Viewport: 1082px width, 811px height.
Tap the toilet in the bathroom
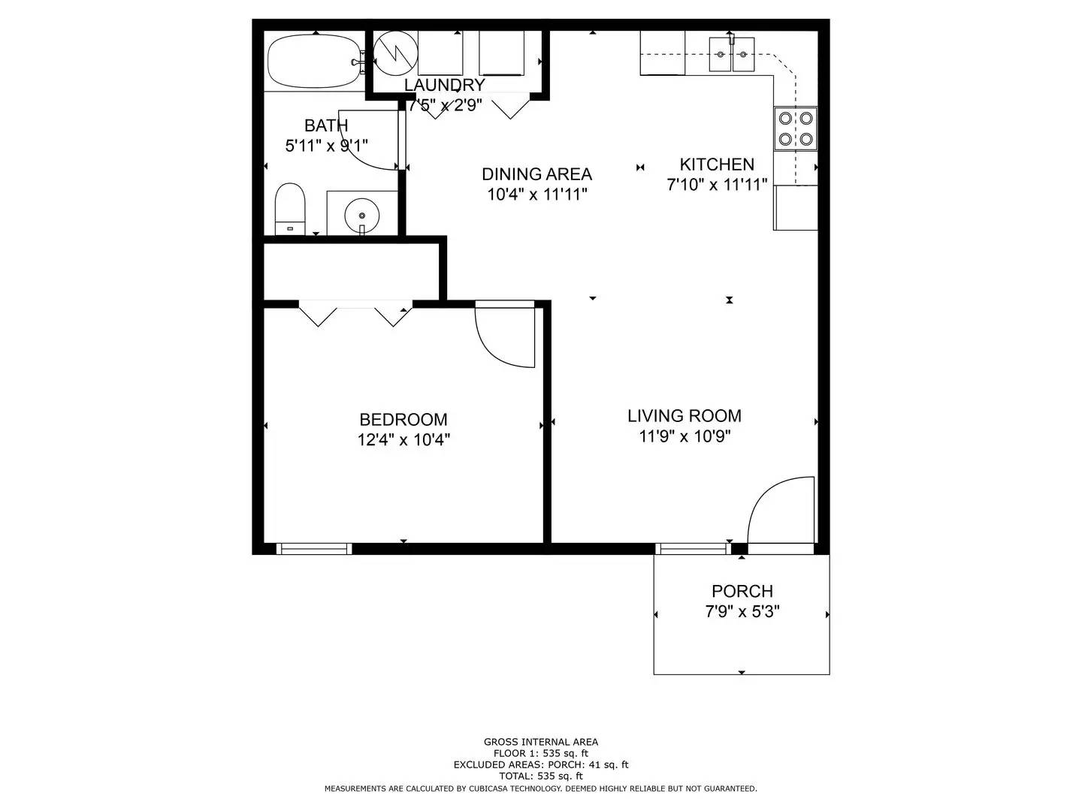point(290,209)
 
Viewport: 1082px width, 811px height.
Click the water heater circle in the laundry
point(395,53)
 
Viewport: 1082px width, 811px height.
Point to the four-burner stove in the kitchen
point(796,128)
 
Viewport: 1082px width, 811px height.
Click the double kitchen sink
point(731,54)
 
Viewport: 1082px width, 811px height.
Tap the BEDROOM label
point(403,420)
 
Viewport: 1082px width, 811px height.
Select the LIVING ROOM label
point(684,416)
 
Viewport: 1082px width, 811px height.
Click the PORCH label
point(742,592)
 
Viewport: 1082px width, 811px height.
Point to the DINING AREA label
point(536,174)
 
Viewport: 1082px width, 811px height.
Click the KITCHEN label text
point(717,164)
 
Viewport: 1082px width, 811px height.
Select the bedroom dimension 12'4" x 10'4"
point(403,440)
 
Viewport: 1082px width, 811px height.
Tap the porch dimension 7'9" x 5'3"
point(742,612)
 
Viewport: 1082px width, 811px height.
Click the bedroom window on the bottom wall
point(315,549)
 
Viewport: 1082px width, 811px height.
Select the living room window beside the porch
point(692,549)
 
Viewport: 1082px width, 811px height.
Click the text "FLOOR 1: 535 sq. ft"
point(540,753)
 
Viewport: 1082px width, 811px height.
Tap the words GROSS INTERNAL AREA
point(540,742)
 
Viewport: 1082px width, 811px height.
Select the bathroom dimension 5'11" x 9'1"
point(326,146)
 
